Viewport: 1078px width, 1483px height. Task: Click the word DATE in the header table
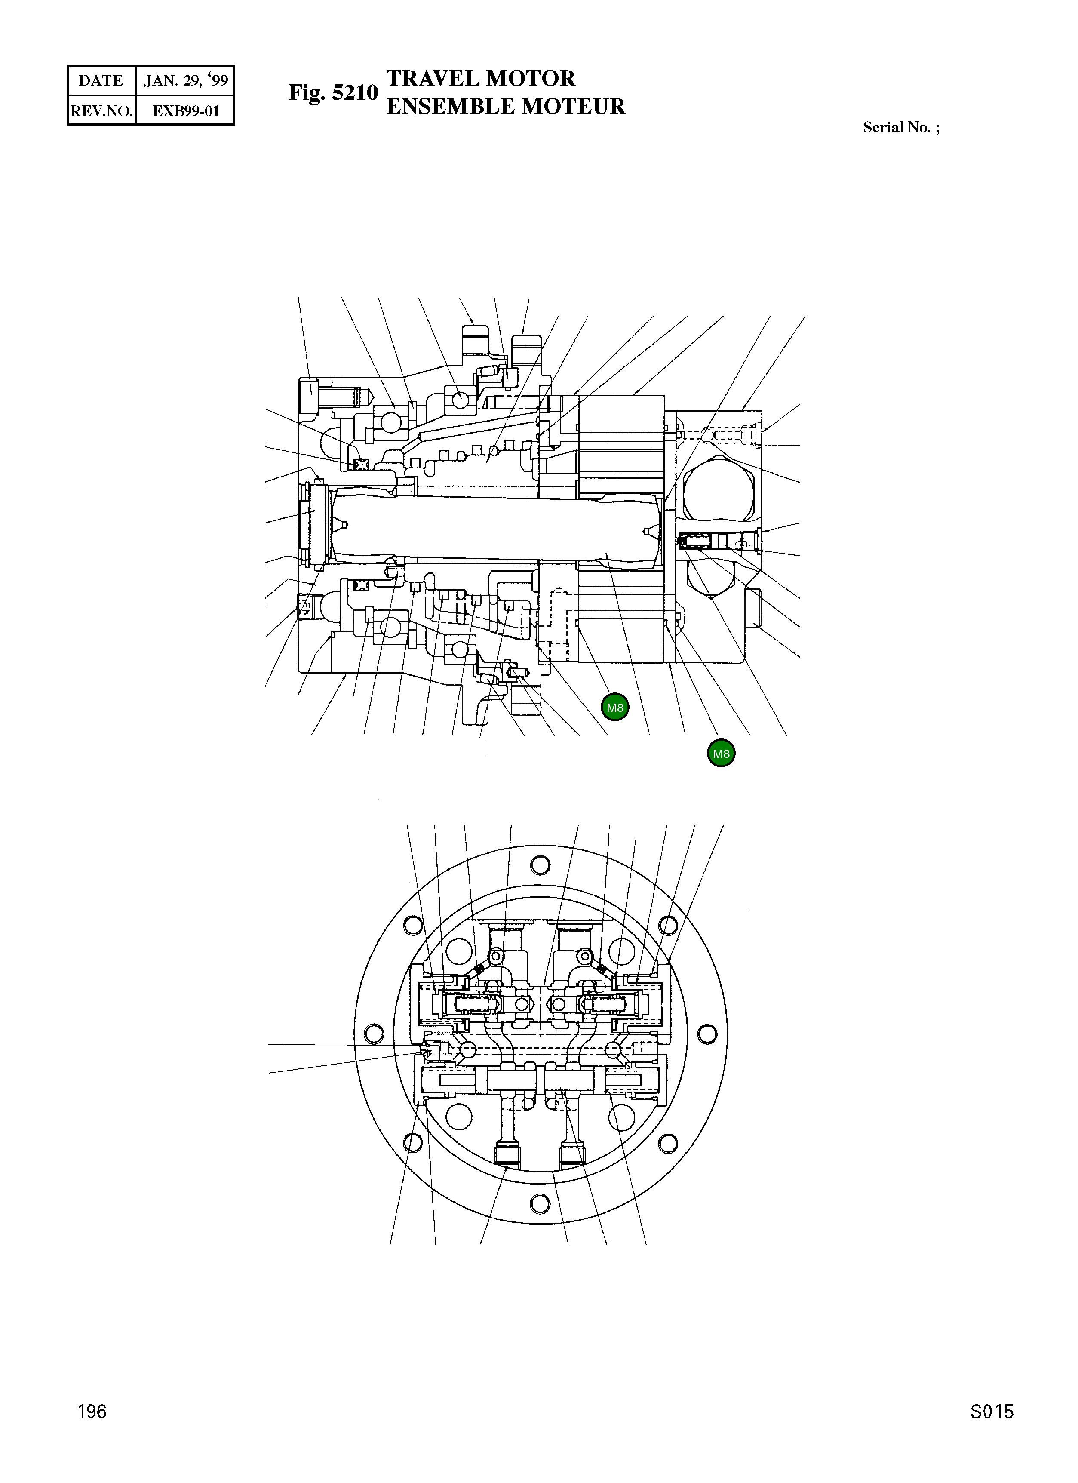(x=101, y=80)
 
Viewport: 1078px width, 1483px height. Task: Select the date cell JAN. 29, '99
(x=186, y=80)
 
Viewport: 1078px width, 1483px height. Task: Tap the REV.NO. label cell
(x=102, y=111)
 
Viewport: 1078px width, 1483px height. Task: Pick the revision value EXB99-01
(x=186, y=111)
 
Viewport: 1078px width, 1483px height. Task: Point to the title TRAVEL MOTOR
(x=480, y=78)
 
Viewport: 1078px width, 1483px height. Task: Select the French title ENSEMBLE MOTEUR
(x=505, y=106)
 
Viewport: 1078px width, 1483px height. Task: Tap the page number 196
(x=92, y=1430)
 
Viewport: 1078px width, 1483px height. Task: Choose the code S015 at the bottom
(x=991, y=1430)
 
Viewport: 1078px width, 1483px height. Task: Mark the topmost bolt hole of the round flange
(x=540, y=865)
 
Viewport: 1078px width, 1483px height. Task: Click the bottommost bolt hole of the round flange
(x=540, y=1202)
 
